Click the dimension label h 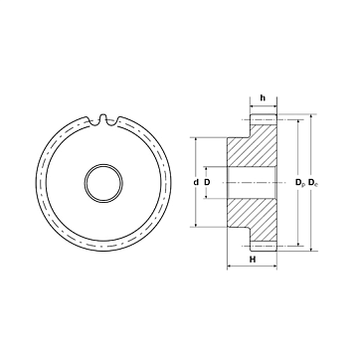[263, 97]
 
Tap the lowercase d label [197, 182]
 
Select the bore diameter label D [207, 182]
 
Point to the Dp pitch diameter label [300, 182]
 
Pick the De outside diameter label [313, 182]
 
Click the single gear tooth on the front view [103, 119]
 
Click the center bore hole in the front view [103, 182]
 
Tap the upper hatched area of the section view [256, 146]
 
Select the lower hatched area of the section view [256, 219]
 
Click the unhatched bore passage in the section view [252, 182]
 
